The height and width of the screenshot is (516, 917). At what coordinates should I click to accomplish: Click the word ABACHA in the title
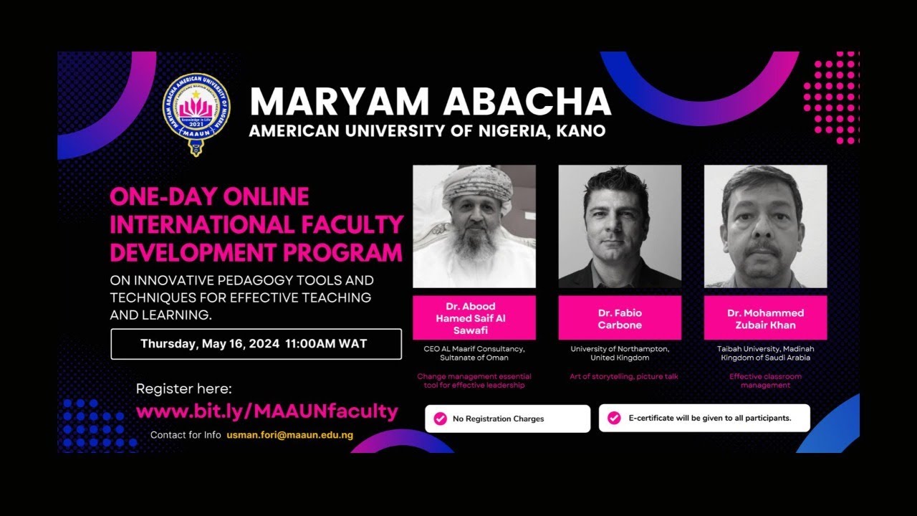click(527, 102)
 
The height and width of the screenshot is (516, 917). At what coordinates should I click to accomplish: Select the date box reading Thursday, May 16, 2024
click(256, 344)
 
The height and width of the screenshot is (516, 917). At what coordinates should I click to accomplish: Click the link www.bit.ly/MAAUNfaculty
click(267, 411)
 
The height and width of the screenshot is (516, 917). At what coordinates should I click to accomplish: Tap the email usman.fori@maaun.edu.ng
click(289, 435)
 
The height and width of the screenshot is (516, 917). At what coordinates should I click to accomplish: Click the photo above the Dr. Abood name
click(474, 226)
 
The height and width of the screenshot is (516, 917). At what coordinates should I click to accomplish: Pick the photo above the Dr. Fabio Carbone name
click(620, 226)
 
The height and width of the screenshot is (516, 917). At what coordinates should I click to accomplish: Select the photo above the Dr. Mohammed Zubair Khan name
click(765, 226)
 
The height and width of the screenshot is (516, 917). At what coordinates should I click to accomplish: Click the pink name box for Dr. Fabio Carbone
click(620, 318)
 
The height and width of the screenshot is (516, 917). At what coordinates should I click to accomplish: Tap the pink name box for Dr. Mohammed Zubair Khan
click(765, 318)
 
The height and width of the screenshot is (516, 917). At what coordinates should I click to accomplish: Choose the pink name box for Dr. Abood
click(474, 318)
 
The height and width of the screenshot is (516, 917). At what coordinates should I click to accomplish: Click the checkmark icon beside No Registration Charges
click(440, 419)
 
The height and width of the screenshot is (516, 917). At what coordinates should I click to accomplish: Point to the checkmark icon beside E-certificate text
click(614, 418)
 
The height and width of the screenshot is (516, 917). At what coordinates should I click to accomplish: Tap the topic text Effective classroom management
click(765, 381)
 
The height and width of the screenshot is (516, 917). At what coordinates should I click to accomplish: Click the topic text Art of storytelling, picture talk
click(623, 376)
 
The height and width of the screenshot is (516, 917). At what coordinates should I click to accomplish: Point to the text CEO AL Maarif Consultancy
click(474, 349)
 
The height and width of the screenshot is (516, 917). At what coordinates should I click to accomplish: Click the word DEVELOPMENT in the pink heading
click(193, 253)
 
